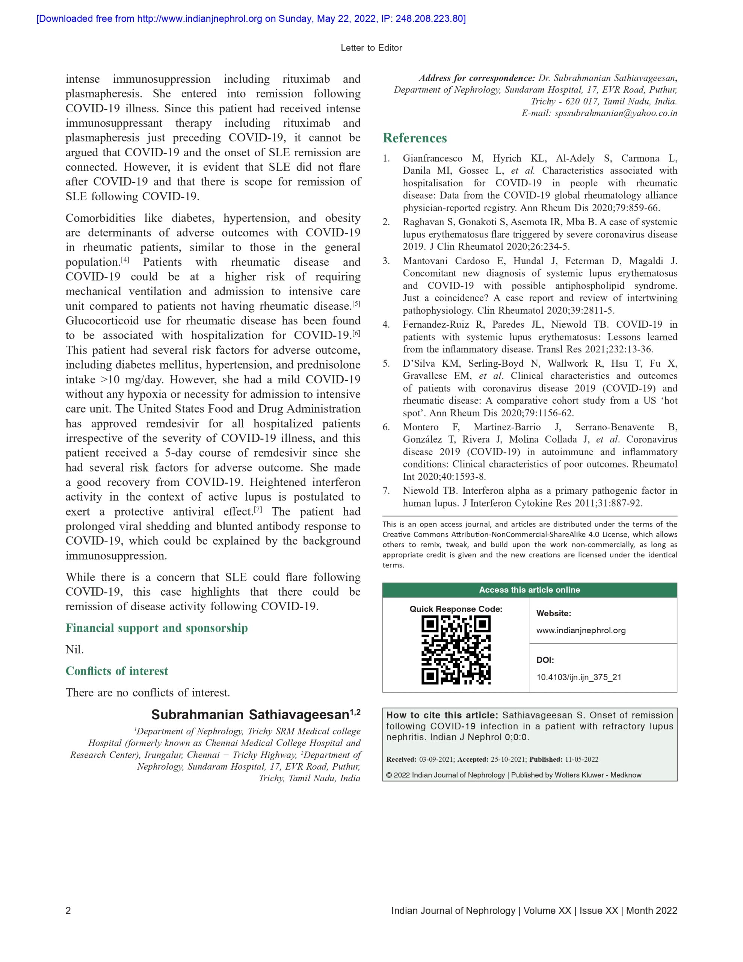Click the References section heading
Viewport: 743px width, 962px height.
click(x=414, y=138)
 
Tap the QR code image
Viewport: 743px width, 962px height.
click(x=456, y=650)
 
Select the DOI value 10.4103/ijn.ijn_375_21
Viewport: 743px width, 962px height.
click(x=578, y=677)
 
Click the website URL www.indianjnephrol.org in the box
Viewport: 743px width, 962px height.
click(x=580, y=630)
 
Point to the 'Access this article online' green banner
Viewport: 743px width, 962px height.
click(x=529, y=590)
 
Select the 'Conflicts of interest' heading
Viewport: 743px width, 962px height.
click(x=117, y=671)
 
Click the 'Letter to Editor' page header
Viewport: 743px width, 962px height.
click(x=371, y=48)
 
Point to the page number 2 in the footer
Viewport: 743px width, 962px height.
click(x=68, y=911)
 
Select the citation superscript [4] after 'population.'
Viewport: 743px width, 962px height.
click(x=125, y=260)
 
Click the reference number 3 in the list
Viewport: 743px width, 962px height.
click(x=386, y=261)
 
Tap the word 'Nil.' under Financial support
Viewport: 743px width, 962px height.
click(x=74, y=649)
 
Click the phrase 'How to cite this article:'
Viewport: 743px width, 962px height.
click(x=442, y=715)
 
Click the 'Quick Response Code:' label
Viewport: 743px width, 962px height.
click(x=456, y=609)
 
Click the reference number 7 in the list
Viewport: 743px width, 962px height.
click(x=386, y=491)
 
